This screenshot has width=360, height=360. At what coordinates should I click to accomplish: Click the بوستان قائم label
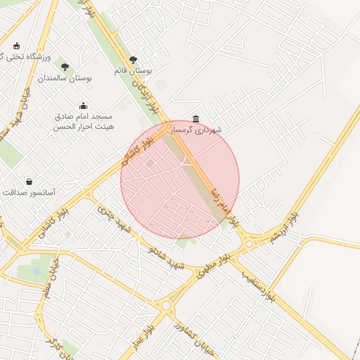click(x=133, y=71)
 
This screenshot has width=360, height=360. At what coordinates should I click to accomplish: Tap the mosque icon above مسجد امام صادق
click(x=83, y=105)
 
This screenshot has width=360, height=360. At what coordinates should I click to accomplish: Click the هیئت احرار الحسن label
click(x=82, y=128)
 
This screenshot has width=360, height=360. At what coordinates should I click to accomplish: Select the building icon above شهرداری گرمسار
click(x=195, y=119)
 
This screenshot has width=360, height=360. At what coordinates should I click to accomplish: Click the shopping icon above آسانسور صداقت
click(x=29, y=181)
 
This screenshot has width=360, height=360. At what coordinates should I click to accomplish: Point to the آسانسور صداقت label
click(x=30, y=192)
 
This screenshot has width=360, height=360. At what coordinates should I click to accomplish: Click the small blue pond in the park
click(x=37, y=270)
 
